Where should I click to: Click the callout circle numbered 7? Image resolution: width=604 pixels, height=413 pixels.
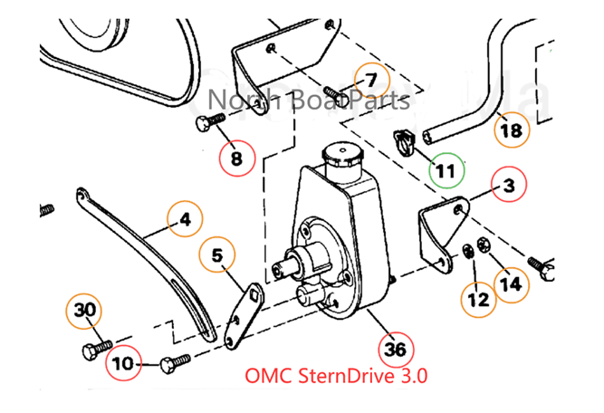(373, 80)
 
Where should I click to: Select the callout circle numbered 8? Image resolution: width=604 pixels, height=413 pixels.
(236, 160)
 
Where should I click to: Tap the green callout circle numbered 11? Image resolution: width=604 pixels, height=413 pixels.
(446, 169)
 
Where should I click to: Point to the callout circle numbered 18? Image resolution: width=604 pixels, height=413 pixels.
(512, 130)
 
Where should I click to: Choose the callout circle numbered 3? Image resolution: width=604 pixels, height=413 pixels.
(509, 186)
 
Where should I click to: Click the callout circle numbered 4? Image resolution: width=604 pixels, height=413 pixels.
(185, 219)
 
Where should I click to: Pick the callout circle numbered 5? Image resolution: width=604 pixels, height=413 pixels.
(217, 255)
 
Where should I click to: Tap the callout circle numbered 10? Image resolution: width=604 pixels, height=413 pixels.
(124, 364)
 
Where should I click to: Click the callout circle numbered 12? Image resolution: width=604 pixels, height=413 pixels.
(479, 298)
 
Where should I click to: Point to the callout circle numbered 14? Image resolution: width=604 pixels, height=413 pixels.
(511, 283)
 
